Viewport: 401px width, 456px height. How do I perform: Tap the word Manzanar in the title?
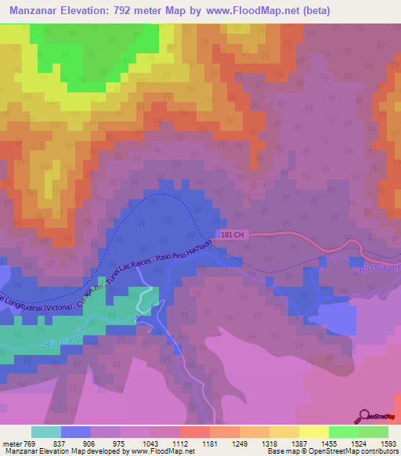click(x=38, y=11)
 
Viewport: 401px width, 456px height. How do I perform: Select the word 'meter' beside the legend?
click(x=10, y=443)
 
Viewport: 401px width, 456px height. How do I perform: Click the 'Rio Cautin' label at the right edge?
click(x=381, y=266)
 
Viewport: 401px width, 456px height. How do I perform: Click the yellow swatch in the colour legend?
click(x=313, y=432)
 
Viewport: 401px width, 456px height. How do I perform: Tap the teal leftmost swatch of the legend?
click(x=46, y=432)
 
